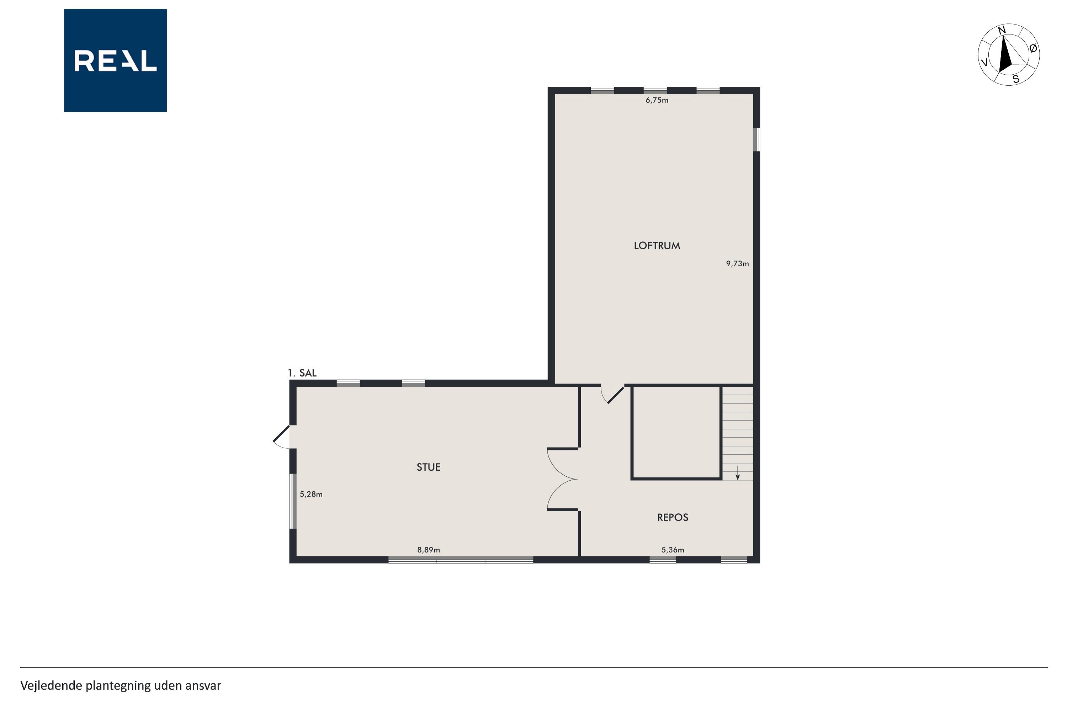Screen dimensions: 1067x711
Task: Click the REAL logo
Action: pos(115,60)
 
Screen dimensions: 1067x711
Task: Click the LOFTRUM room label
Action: pos(657,246)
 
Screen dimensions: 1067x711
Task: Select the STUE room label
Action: pos(429,467)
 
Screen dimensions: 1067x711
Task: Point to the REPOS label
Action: pos(673,517)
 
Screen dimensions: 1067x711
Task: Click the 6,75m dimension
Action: pos(657,100)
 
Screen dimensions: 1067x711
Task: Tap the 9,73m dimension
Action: pos(738,263)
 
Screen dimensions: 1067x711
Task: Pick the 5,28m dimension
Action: pos(311,494)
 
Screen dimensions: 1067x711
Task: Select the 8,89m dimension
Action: pos(429,550)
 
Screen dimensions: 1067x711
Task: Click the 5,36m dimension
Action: pos(673,550)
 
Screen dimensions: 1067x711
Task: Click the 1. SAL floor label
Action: pos(302,373)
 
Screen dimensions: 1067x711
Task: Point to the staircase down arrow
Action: pos(738,472)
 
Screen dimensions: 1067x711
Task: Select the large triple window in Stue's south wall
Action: pos(461,560)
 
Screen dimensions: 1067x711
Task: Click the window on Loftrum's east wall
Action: pos(756,140)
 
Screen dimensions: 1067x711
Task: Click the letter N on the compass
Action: pos(1002,30)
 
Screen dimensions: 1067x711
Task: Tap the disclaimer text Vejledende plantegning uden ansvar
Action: pos(121,686)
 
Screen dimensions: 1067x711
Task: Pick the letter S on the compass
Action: pos(1016,79)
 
